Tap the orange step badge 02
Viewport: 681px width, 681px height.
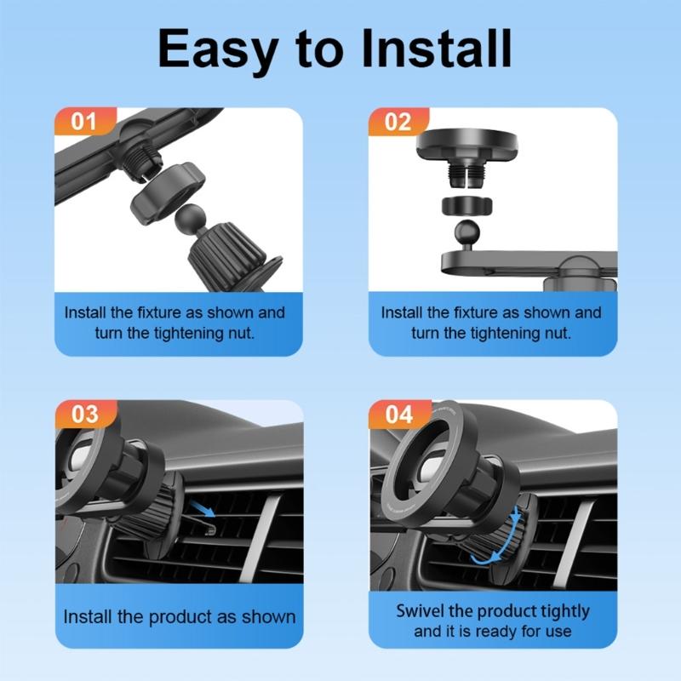coord(398,121)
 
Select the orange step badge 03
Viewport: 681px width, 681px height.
coord(84,415)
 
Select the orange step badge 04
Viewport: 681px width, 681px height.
coord(398,415)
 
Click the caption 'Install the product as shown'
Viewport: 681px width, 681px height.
coord(180,617)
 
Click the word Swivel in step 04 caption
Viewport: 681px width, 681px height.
coord(422,612)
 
